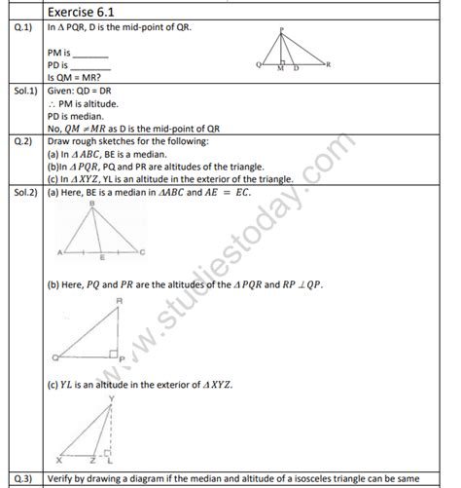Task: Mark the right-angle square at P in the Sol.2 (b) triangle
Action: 112,350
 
